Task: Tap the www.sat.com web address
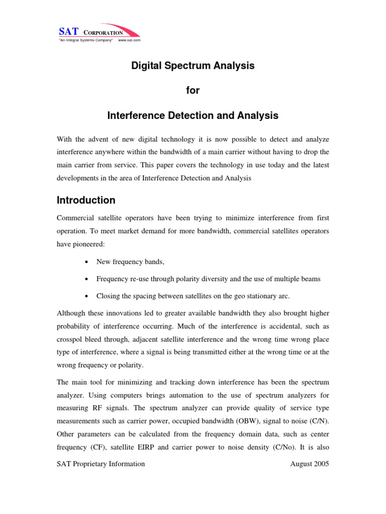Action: coord(129,40)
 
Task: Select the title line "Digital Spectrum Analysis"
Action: coord(193,66)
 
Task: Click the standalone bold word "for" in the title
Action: coord(193,91)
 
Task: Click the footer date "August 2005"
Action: coord(310,464)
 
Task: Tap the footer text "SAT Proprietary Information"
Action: coord(101,464)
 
